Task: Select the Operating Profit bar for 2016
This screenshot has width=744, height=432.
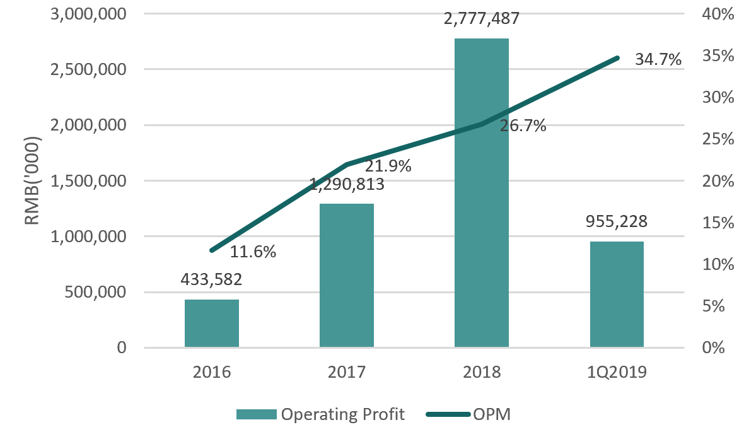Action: click(212, 323)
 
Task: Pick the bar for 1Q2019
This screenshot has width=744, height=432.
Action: click(617, 294)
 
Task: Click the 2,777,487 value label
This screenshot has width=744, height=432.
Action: click(482, 19)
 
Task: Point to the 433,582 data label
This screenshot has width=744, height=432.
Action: click(212, 279)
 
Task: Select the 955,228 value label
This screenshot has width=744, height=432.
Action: click(617, 221)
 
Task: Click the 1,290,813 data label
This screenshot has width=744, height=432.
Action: click(347, 185)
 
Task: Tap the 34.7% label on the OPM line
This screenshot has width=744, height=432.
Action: click(658, 60)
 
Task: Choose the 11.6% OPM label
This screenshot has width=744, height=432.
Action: click(253, 252)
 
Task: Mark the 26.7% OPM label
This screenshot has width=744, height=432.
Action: click(523, 126)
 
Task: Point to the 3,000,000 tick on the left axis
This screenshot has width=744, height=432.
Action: click(88, 14)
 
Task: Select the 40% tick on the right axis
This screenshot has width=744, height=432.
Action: click(719, 14)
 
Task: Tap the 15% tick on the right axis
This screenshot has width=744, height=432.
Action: click(719, 223)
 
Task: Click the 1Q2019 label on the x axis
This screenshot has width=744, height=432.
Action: click(617, 372)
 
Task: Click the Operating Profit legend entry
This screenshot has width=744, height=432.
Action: click(321, 414)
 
